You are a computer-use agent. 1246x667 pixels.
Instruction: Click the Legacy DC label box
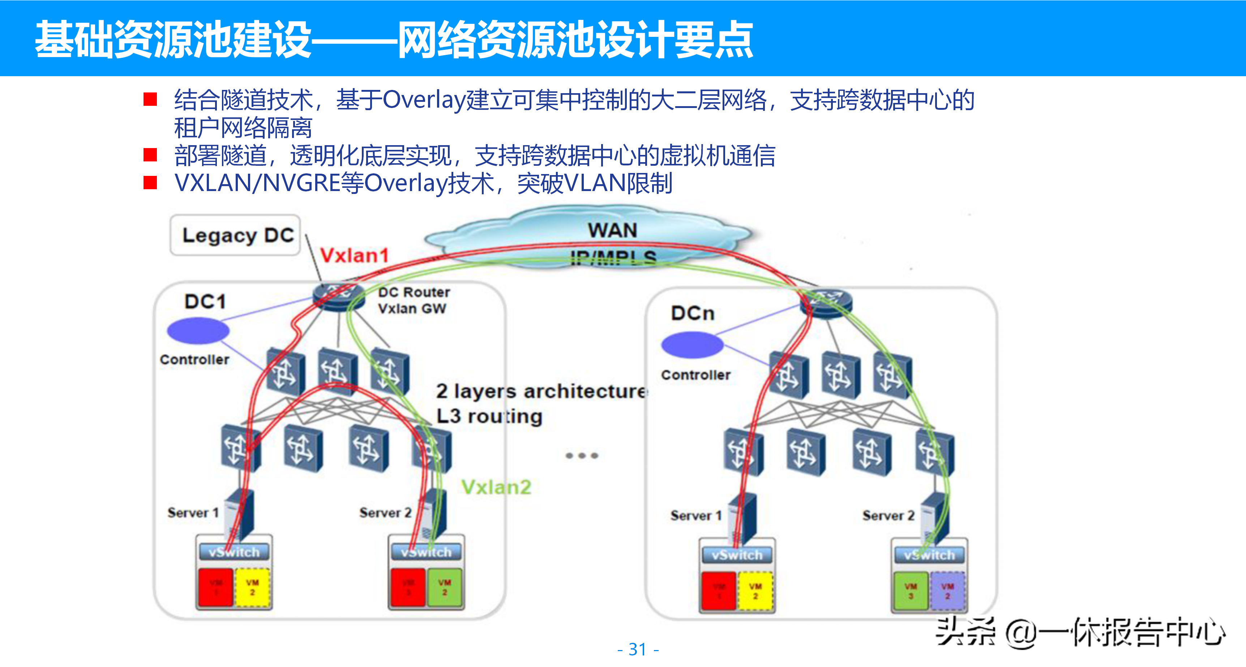[x=236, y=235]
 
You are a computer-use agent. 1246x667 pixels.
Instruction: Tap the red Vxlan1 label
[x=354, y=255]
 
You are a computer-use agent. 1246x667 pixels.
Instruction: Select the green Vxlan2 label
[x=496, y=487]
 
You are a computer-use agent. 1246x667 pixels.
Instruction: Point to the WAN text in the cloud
[x=612, y=230]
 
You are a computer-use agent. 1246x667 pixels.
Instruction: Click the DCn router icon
[x=826, y=303]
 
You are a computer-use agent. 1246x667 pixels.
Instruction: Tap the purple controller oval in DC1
[x=198, y=330]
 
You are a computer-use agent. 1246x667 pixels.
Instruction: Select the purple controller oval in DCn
[x=692, y=345]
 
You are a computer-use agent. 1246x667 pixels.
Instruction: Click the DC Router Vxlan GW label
[x=414, y=300]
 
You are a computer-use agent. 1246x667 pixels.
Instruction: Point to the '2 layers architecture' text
[x=541, y=391]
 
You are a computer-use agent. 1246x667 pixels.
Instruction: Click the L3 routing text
[x=489, y=416]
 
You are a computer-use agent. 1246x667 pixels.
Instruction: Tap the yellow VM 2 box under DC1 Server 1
[x=252, y=587]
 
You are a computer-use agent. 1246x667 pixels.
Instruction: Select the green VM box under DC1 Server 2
[x=445, y=587]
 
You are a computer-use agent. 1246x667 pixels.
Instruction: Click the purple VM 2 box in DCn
[x=947, y=591]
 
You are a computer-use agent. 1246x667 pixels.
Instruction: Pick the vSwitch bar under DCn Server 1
[x=737, y=555]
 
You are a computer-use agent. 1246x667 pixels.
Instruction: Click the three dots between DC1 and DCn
[x=582, y=455]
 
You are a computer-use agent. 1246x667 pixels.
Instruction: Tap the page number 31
[x=638, y=649]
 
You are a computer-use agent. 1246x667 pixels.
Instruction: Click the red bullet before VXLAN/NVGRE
[x=150, y=183]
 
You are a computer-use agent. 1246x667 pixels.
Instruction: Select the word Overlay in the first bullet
[x=424, y=100]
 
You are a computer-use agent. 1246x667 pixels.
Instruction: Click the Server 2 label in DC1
[x=385, y=512]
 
